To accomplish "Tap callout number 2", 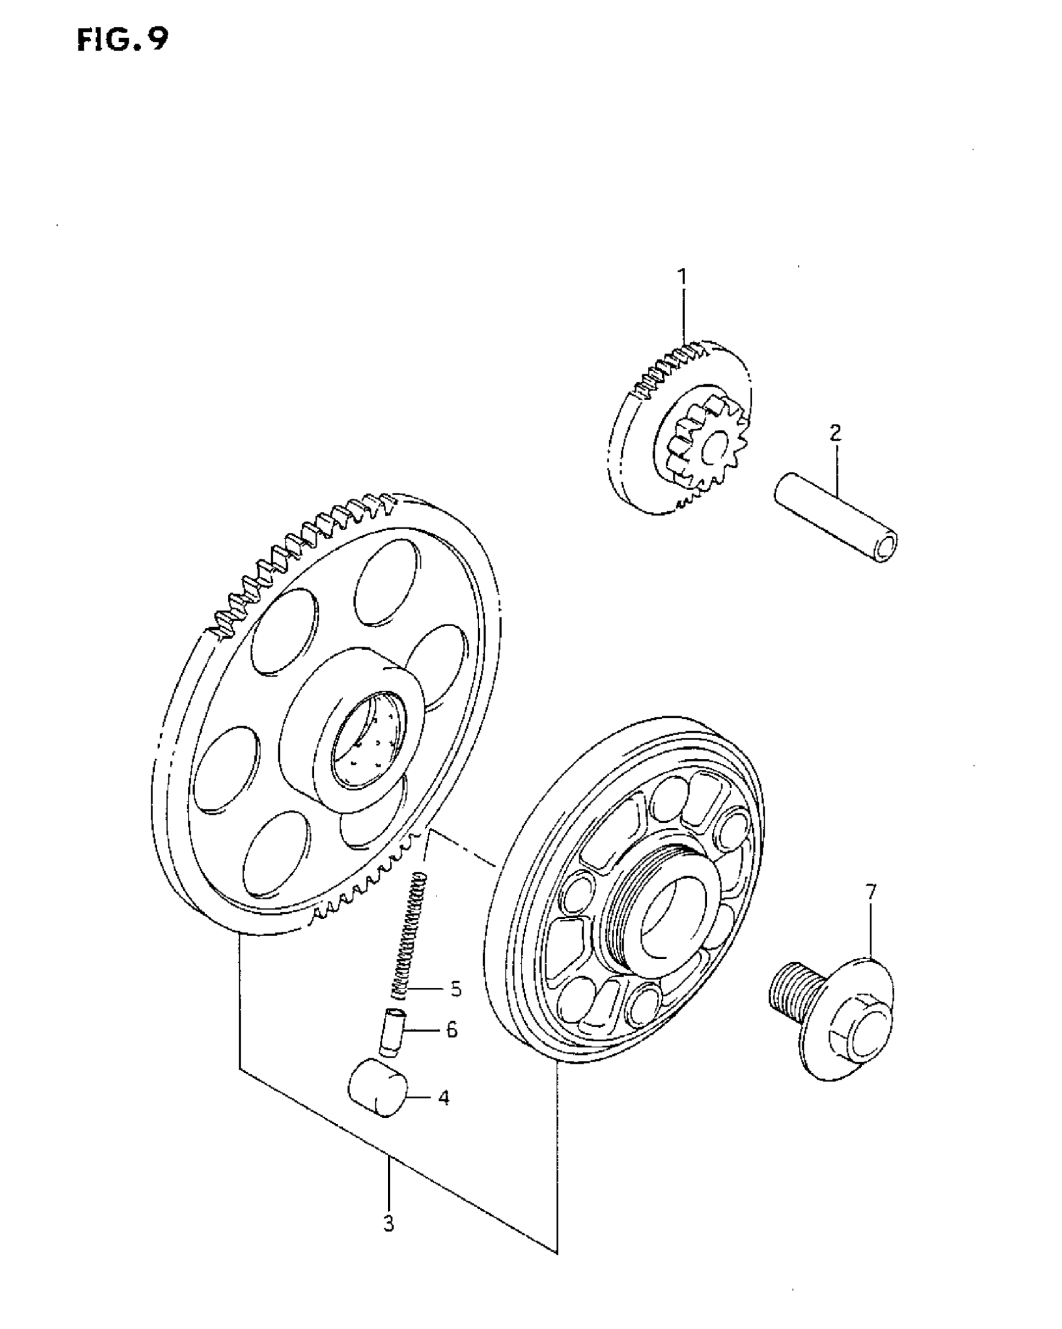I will (835, 433).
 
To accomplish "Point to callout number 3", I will (389, 1223).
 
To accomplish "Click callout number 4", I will (444, 1098).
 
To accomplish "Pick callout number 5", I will (455, 989).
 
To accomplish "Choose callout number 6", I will (452, 1029).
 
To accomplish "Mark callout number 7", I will (871, 892).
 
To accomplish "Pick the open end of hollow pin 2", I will (885, 548).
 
